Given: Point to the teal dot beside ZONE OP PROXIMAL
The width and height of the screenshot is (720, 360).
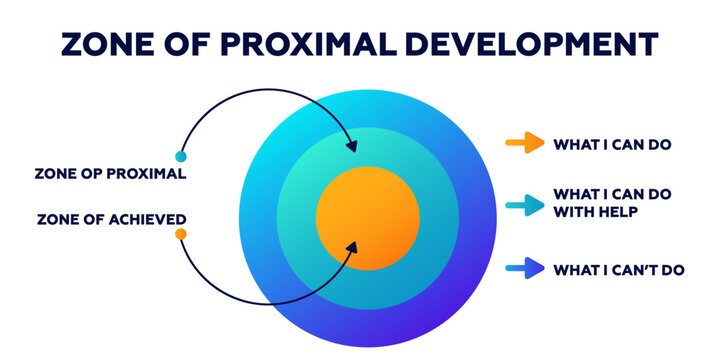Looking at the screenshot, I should [180, 156].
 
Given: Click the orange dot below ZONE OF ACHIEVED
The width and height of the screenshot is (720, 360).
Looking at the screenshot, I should [180, 234].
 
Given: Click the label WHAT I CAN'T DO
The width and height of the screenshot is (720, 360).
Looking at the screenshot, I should [618, 269].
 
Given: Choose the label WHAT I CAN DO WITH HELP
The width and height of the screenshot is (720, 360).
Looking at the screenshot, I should [611, 202].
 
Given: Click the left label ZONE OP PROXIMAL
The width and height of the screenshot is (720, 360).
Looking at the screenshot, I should [110, 173].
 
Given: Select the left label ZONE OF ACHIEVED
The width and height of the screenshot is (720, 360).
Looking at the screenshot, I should [110, 219].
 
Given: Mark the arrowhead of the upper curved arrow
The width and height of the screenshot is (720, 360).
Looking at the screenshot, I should [351, 147].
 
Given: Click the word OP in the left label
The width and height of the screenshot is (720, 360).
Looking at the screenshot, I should [89, 173].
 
